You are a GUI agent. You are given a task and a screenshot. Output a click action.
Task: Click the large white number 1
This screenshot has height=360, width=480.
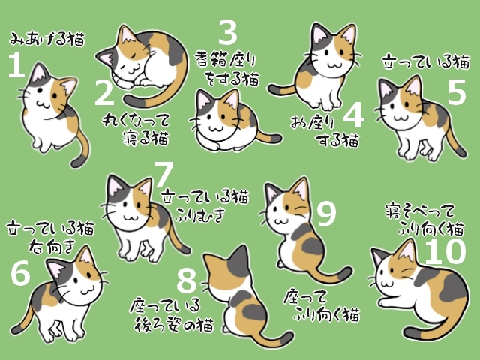(16, 64)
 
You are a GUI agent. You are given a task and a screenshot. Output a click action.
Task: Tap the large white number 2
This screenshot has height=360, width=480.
(104, 92)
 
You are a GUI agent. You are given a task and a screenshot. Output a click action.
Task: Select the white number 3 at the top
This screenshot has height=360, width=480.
(228, 32)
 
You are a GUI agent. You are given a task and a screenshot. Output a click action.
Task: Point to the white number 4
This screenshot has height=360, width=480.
(354, 115)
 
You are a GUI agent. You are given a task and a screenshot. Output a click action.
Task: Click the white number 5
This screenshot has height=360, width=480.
(457, 91)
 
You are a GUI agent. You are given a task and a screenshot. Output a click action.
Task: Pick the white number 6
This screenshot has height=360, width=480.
(20, 273)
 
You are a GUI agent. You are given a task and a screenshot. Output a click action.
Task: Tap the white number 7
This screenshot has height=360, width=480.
(163, 174)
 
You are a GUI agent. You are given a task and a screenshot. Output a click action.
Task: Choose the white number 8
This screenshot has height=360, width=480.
(187, 280)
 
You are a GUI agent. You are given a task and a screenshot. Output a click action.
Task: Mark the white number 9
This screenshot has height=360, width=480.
(327, 214)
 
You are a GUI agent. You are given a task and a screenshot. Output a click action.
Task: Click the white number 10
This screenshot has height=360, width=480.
(445, 251)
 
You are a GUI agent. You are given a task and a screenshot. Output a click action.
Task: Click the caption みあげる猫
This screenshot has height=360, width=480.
(46, 39)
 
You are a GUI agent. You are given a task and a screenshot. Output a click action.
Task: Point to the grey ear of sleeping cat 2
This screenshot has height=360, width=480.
(106, 57)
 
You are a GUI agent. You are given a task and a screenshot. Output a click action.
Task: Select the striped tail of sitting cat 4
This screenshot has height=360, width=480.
(282, 89)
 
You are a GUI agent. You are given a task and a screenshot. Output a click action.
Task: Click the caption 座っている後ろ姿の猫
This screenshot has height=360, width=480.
(172, 315)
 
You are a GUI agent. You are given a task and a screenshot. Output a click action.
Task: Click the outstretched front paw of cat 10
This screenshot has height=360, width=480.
(386, 303)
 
